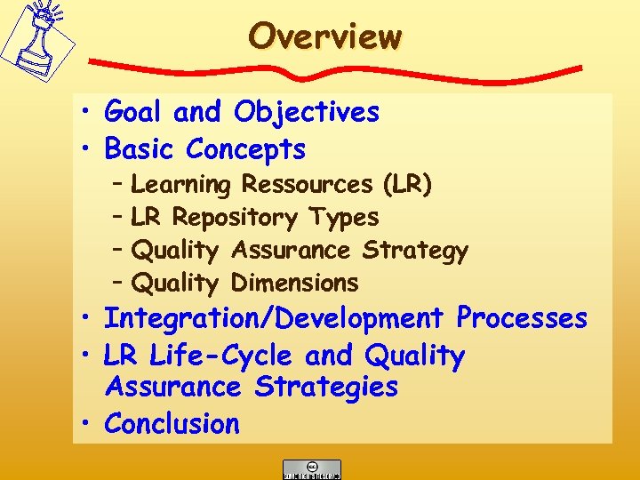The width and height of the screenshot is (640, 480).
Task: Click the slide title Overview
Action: (325, 36)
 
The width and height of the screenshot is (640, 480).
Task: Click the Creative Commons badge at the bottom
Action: (311, 468)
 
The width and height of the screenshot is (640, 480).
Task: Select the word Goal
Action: (135, 112)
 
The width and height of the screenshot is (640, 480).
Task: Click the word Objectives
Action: (307, 113)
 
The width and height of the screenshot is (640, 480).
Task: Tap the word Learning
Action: (180, 185)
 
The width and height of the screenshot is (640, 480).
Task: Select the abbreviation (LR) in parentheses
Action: (407, 184)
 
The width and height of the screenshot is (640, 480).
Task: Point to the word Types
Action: (343, 217)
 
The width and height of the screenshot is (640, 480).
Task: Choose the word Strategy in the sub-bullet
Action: (414, 251)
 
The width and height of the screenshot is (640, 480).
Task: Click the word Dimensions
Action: (294, 284)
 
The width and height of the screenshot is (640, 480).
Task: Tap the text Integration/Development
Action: (274, 317)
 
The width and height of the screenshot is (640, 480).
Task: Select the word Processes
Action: (522, 317)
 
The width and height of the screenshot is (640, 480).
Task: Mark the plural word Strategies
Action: (326, 387)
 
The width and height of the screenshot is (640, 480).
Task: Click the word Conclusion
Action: (172, 424)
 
